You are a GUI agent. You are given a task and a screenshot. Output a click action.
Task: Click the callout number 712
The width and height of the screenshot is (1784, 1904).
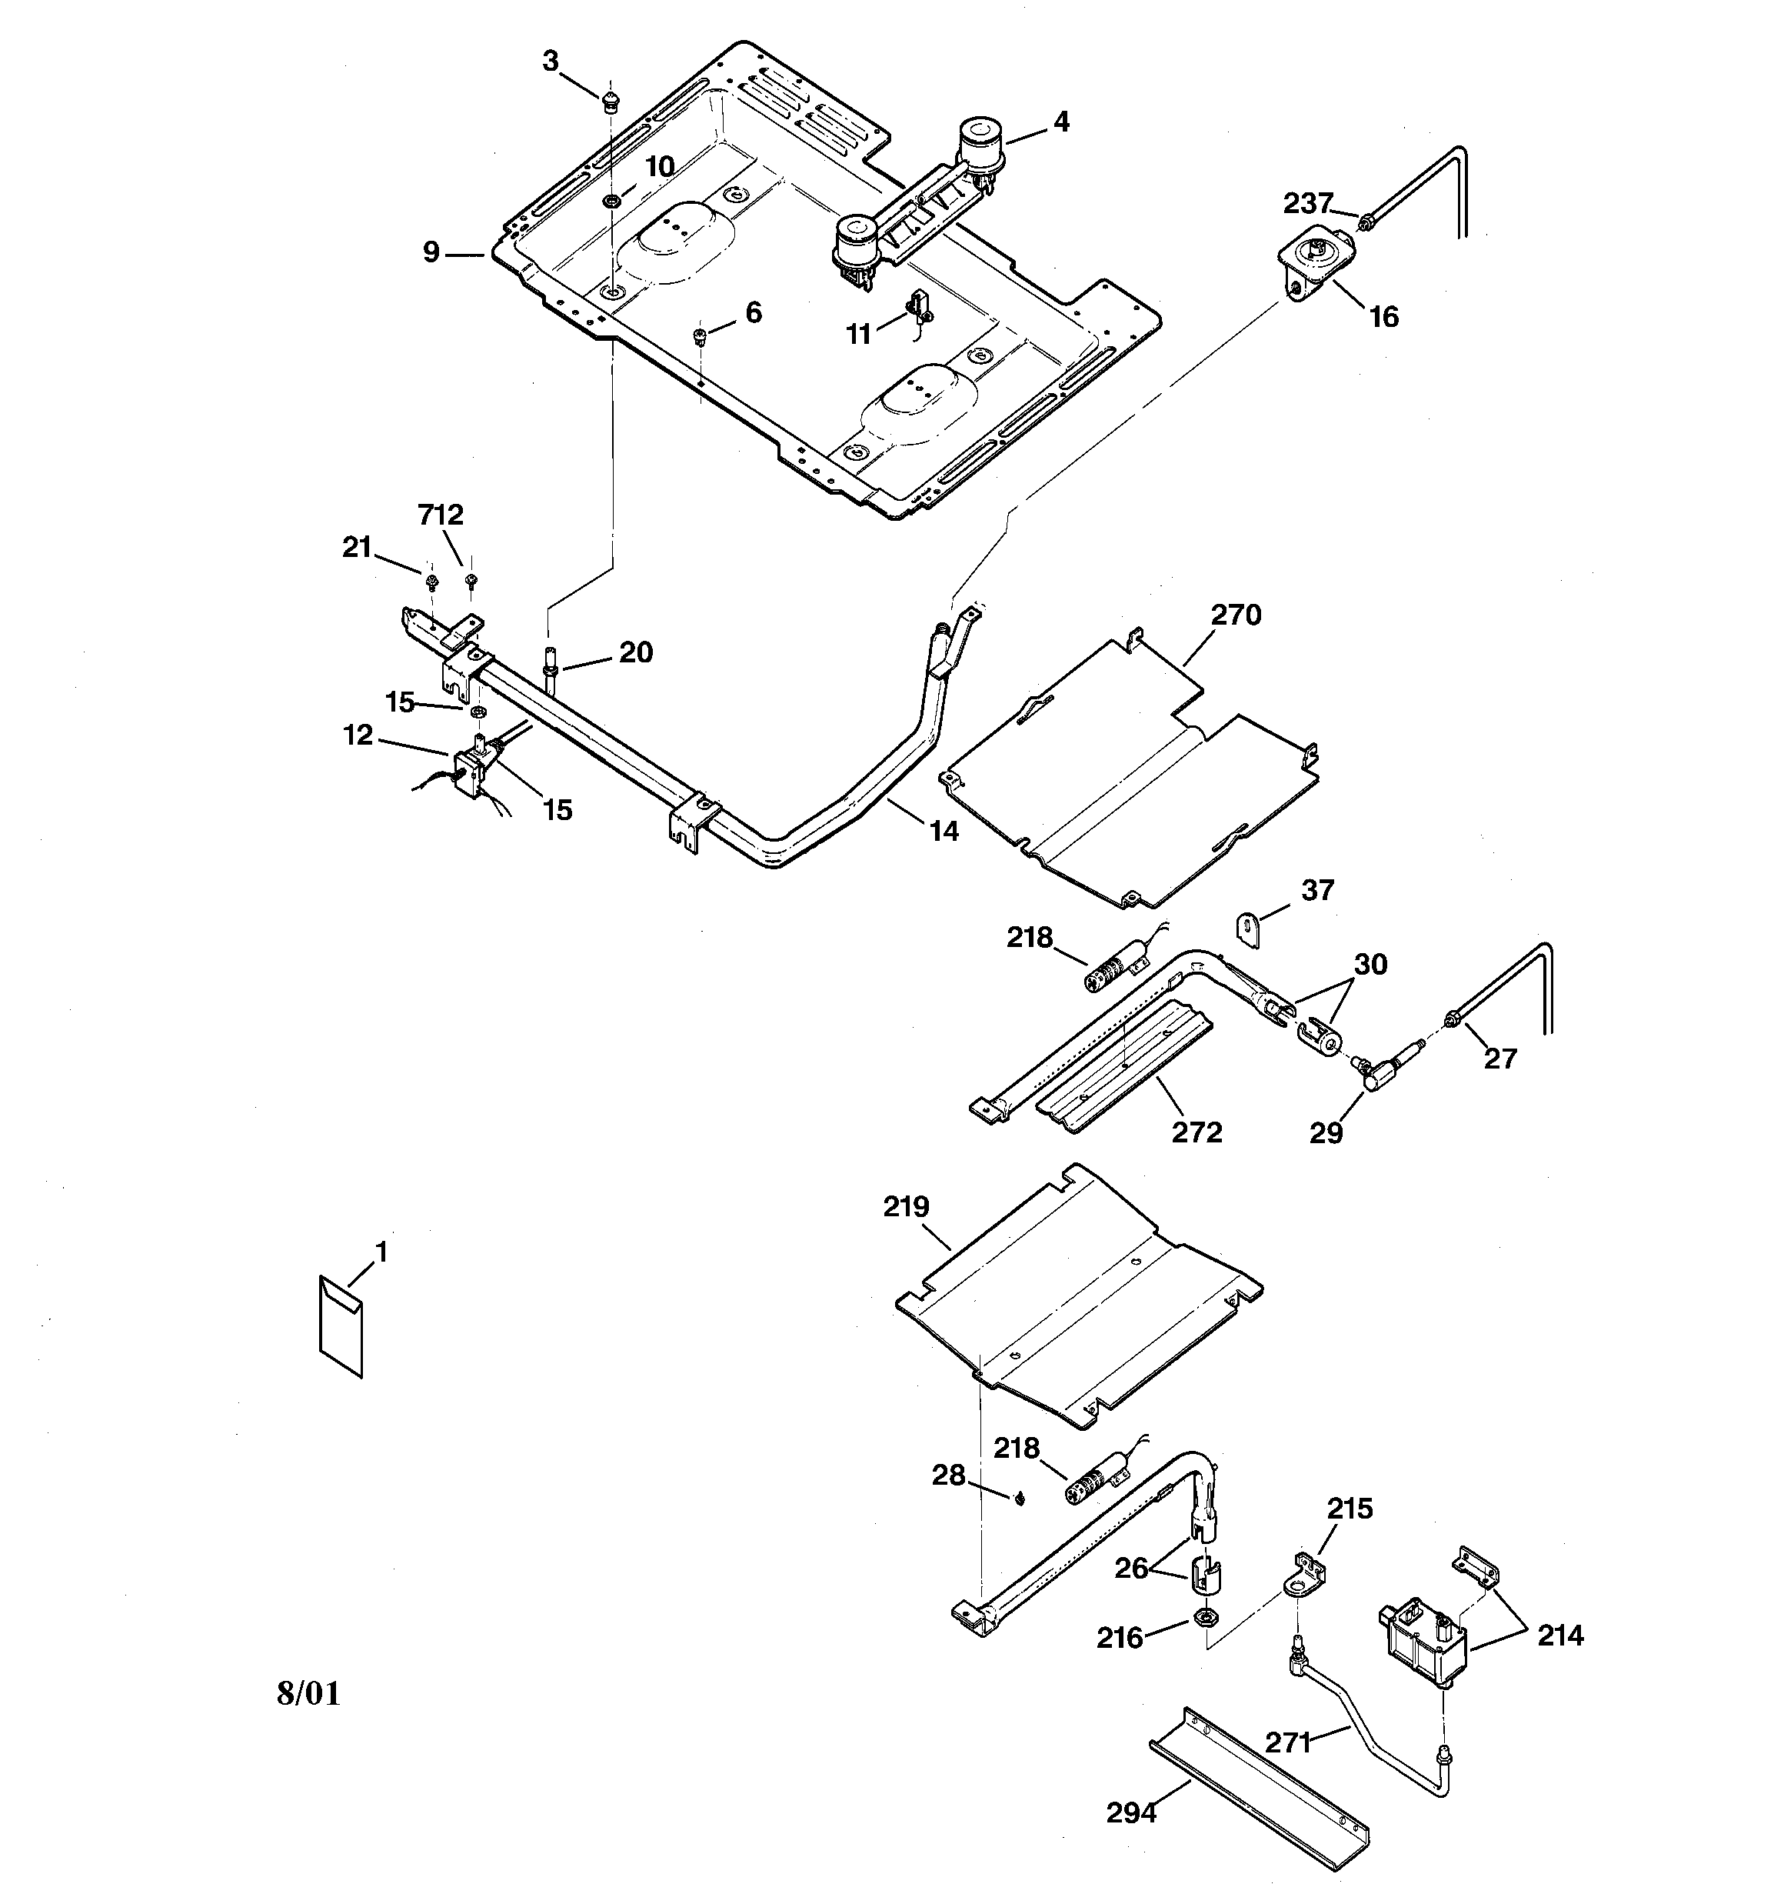(441, 515)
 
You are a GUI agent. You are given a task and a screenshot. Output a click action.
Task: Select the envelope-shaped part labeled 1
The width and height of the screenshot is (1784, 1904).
(341, 1326)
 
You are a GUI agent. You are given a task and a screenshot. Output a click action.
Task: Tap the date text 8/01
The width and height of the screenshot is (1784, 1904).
(308, 1693)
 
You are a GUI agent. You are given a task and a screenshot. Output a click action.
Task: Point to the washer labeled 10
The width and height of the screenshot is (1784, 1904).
(610, 201)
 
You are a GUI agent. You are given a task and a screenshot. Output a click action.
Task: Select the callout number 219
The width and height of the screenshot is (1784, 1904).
(906, 1207)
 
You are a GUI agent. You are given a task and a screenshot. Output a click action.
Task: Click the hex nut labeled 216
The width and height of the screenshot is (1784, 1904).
(1205, 1619)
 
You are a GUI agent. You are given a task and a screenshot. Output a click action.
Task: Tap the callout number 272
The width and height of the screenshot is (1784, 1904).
(1197, 1132)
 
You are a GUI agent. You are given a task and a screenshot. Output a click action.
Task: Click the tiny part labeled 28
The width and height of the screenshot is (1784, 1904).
(1020, 1499)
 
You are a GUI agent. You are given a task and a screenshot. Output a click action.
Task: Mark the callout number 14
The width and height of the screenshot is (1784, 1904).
(944, 832)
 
